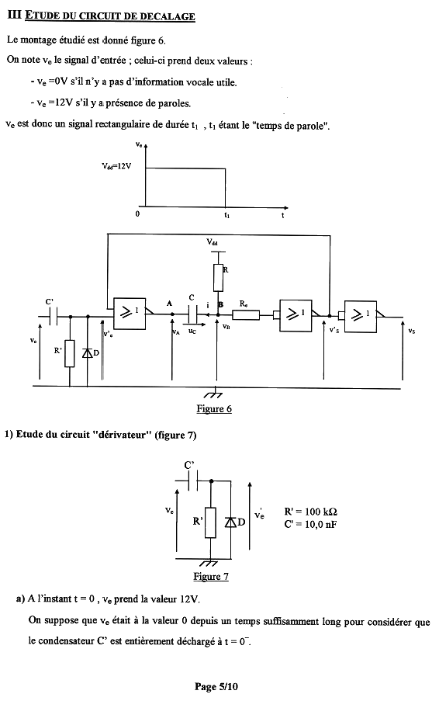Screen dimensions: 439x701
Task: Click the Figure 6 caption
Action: (214, 408)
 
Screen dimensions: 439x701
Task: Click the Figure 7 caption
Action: (211, 576)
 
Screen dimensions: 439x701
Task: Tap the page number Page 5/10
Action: (216, 687)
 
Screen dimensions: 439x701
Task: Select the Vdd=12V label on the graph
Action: (116, 166)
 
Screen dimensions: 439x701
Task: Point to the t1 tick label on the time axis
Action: (227, 215)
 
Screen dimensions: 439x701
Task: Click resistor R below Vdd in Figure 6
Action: (218, 278)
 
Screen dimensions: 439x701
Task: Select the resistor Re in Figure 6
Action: (246, 315)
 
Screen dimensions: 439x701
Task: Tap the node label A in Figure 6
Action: (169, 304)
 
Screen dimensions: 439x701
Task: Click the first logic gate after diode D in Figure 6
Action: (130, 314)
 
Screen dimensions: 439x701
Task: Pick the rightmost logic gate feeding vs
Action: (361, 317)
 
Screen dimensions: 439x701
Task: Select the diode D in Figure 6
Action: (88, 353)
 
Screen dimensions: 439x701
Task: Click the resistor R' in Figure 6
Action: (70, 353)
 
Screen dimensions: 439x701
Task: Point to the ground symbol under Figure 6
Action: (213, 392)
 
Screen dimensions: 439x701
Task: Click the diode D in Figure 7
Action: (230, 522)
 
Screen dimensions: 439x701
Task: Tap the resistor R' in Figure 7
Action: (211, 522)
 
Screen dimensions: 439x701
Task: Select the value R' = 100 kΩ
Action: (311, 512)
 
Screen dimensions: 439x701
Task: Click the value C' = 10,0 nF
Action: (310, 524)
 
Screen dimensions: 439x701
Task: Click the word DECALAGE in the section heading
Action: (168, 16)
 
